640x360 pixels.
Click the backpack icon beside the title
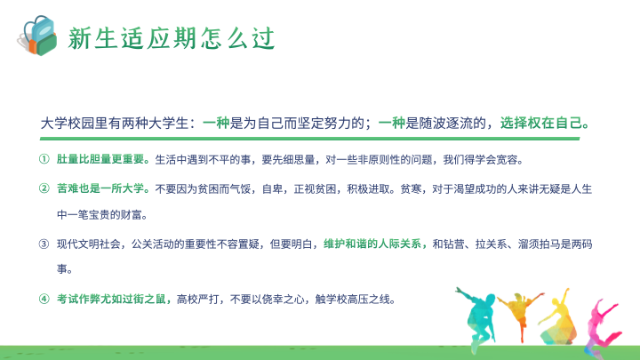37,36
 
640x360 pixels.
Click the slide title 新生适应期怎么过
172,38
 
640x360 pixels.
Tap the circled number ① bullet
44,159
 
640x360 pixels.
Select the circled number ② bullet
44,188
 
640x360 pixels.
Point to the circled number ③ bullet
44,244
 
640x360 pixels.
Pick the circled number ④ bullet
44,300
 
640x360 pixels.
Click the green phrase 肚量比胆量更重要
100,159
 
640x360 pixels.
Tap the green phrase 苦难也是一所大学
100,188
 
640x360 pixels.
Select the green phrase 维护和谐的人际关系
372,244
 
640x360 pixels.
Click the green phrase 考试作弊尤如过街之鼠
111,300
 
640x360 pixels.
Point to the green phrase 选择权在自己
540,123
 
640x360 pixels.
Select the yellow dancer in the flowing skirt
557,317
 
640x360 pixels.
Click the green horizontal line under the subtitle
310,139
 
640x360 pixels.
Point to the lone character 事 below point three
62,269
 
